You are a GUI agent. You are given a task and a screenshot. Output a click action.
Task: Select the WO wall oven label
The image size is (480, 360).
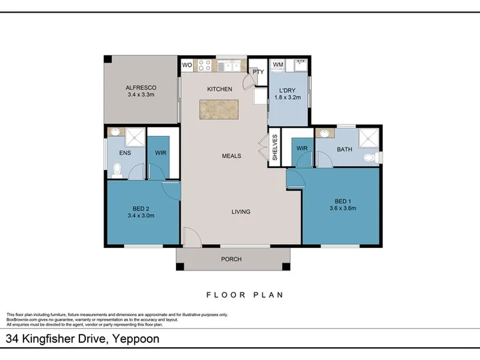click(x=187, y=65)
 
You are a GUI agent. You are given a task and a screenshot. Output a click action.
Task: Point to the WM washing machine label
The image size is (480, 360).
click(x=278, y=65)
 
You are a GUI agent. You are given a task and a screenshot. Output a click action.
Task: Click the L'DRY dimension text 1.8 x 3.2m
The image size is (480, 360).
click(x=288, y=97)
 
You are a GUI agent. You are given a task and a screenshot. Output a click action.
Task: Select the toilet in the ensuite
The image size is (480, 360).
click(x=118, y=171)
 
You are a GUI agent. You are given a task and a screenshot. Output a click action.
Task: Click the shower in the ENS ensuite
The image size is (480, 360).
click(x=135, y=137)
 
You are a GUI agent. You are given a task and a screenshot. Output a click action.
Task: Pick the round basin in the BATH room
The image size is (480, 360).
click(x=326, y=134)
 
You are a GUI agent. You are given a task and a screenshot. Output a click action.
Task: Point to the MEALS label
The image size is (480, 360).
click(x=231, y=156)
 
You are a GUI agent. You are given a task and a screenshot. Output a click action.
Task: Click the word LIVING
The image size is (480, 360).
click(x=241, y=212)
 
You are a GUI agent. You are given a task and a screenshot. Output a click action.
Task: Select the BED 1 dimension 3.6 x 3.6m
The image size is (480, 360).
click(x=341, y=208)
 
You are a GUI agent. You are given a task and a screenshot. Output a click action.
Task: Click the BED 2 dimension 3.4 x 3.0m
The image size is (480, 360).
click(x=141, y=215)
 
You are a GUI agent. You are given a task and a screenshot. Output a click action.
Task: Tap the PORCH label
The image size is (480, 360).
click(x=231, y=259)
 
